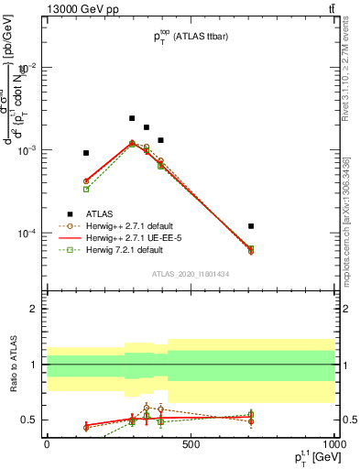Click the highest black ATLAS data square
132,118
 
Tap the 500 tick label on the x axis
191,444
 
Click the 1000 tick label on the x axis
333,444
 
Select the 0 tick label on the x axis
47,444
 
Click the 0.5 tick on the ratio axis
32,420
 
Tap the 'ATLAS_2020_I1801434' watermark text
190,274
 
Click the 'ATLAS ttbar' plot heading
191,37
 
